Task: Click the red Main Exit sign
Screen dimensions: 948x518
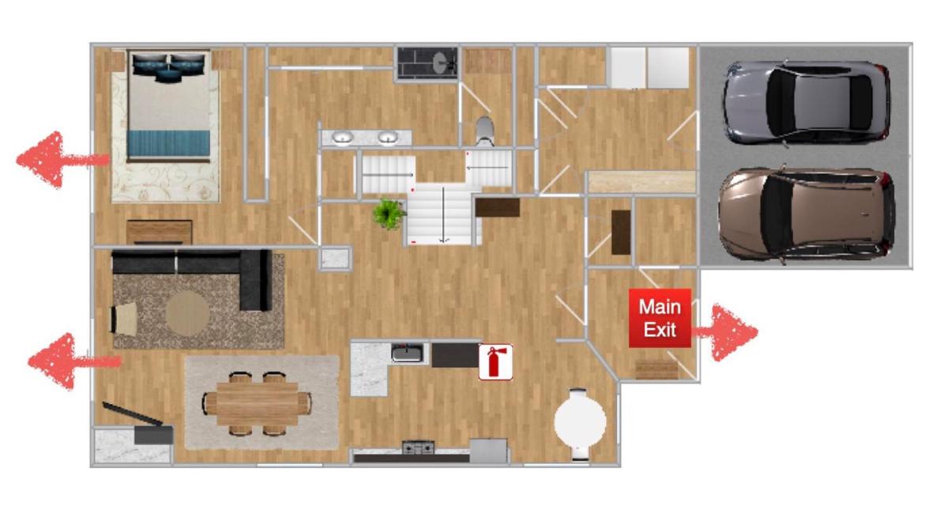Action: [x=660, y=318]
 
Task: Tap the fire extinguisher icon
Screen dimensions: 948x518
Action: [x=495, y=361]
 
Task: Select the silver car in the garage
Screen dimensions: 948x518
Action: [x=807, y=103]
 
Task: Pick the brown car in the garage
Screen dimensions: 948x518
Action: [x=807, y=215]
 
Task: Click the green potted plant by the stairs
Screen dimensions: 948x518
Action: [x=389, y=214]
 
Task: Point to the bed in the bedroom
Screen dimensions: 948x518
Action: [x=168, y=107]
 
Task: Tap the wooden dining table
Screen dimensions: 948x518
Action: [x=258, y=403]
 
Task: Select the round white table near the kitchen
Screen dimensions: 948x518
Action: [x=580, y=422]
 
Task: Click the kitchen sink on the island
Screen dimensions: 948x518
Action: [x=407, y=353]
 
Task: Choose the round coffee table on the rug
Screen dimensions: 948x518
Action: [x=187, y=314]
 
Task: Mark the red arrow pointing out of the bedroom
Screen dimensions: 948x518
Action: [x=62, y=160]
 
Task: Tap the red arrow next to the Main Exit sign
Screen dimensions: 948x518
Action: [x=725, y=332]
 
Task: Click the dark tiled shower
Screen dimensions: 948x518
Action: [x=427, y=63]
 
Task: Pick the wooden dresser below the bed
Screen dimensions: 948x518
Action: [x=159, y=232]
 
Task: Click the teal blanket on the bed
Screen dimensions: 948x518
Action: [x=168, y=143]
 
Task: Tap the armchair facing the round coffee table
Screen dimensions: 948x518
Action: [x=123, y=318]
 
